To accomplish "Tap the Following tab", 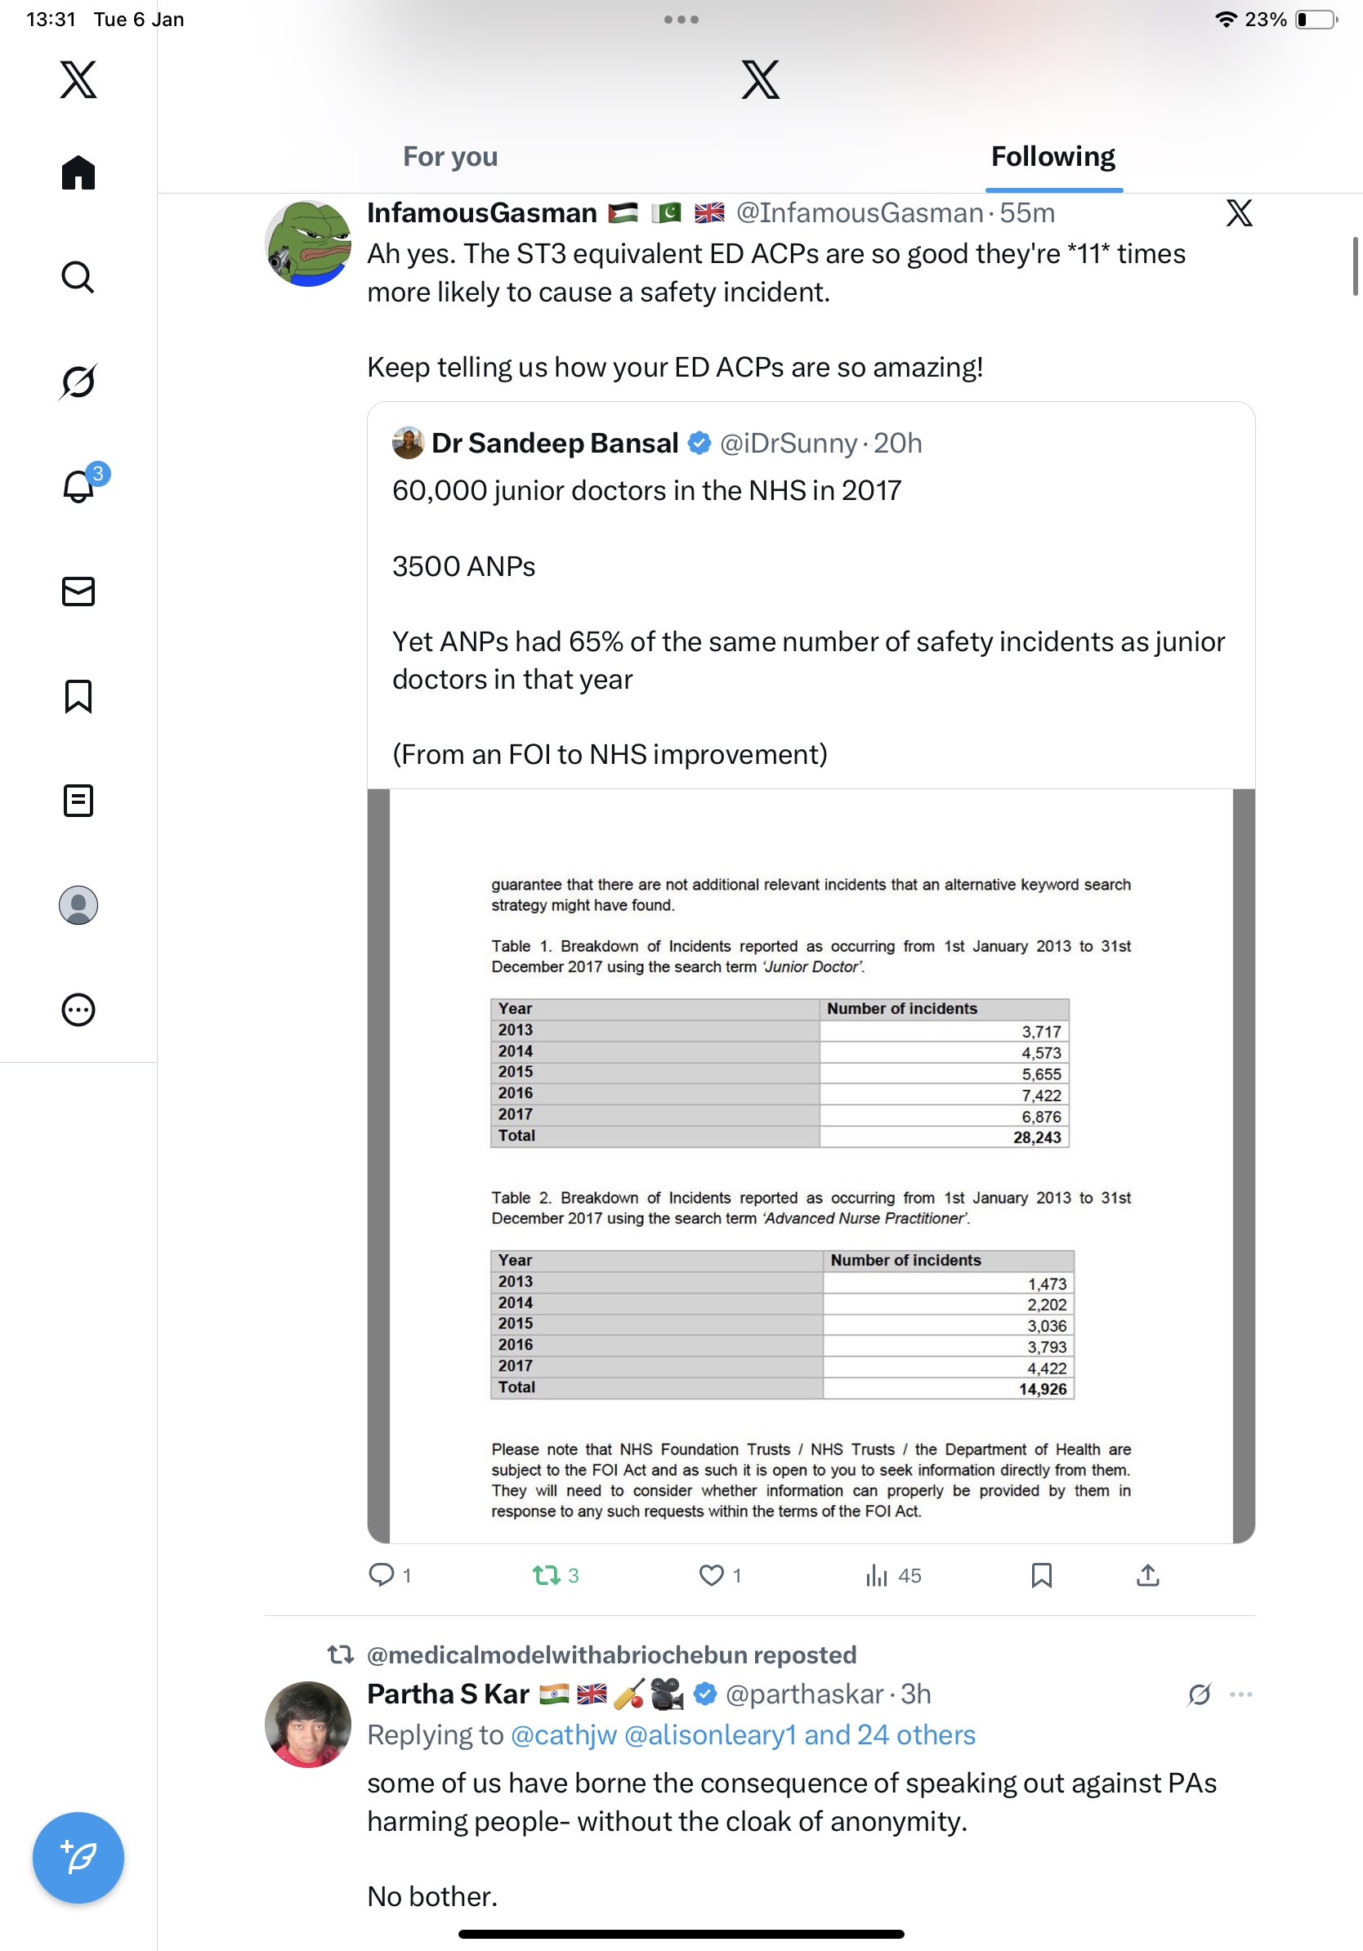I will point(1052,157).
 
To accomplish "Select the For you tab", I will point(449,157).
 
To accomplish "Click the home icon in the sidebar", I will point(78,172).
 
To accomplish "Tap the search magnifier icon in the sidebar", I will point(78,277).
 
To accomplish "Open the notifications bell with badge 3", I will point(79,486).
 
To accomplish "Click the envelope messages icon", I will point(78,592).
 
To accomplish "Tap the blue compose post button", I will point(78,1858).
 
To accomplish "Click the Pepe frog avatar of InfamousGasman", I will point(307,243).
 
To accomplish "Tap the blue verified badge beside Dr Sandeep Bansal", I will point(699,443).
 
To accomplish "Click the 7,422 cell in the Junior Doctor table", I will point(1041,1096).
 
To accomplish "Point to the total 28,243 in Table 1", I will point(1037,1138).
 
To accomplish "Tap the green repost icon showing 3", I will point(546,1575).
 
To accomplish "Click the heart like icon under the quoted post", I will point(710,1575).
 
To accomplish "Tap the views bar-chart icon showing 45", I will point(876,1575).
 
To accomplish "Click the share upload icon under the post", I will point(1147,1575).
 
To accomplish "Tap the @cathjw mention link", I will point(563,1734).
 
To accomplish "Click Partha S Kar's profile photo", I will point(307,1724).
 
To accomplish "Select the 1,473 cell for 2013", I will point(1046,1284).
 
